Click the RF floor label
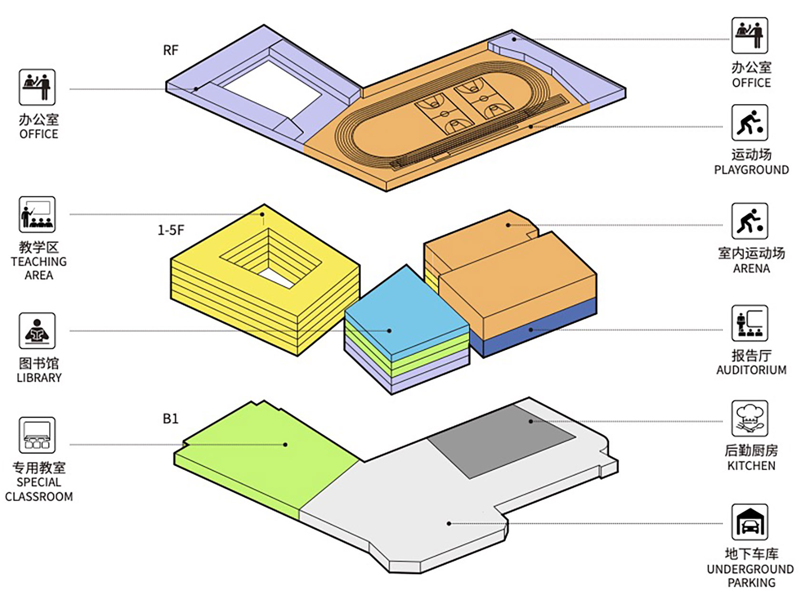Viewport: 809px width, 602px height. tap(170, 50)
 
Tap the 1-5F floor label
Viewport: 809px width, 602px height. tap(170, 230)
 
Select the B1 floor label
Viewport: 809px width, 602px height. tap(170, 419)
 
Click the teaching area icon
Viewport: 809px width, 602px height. tap(37, 215)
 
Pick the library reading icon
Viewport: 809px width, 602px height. tap(37, 331)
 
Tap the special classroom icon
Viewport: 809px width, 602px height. tap(37, 435)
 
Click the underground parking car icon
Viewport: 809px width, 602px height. tap(750, 522)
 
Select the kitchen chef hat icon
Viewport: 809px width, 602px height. tap(750, 418)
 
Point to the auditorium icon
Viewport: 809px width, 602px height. tap(750, 324)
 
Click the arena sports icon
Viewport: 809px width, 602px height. tap(750, 221)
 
